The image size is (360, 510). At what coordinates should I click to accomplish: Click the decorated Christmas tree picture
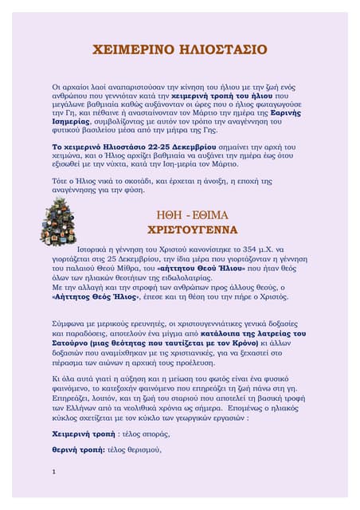(57, 222)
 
